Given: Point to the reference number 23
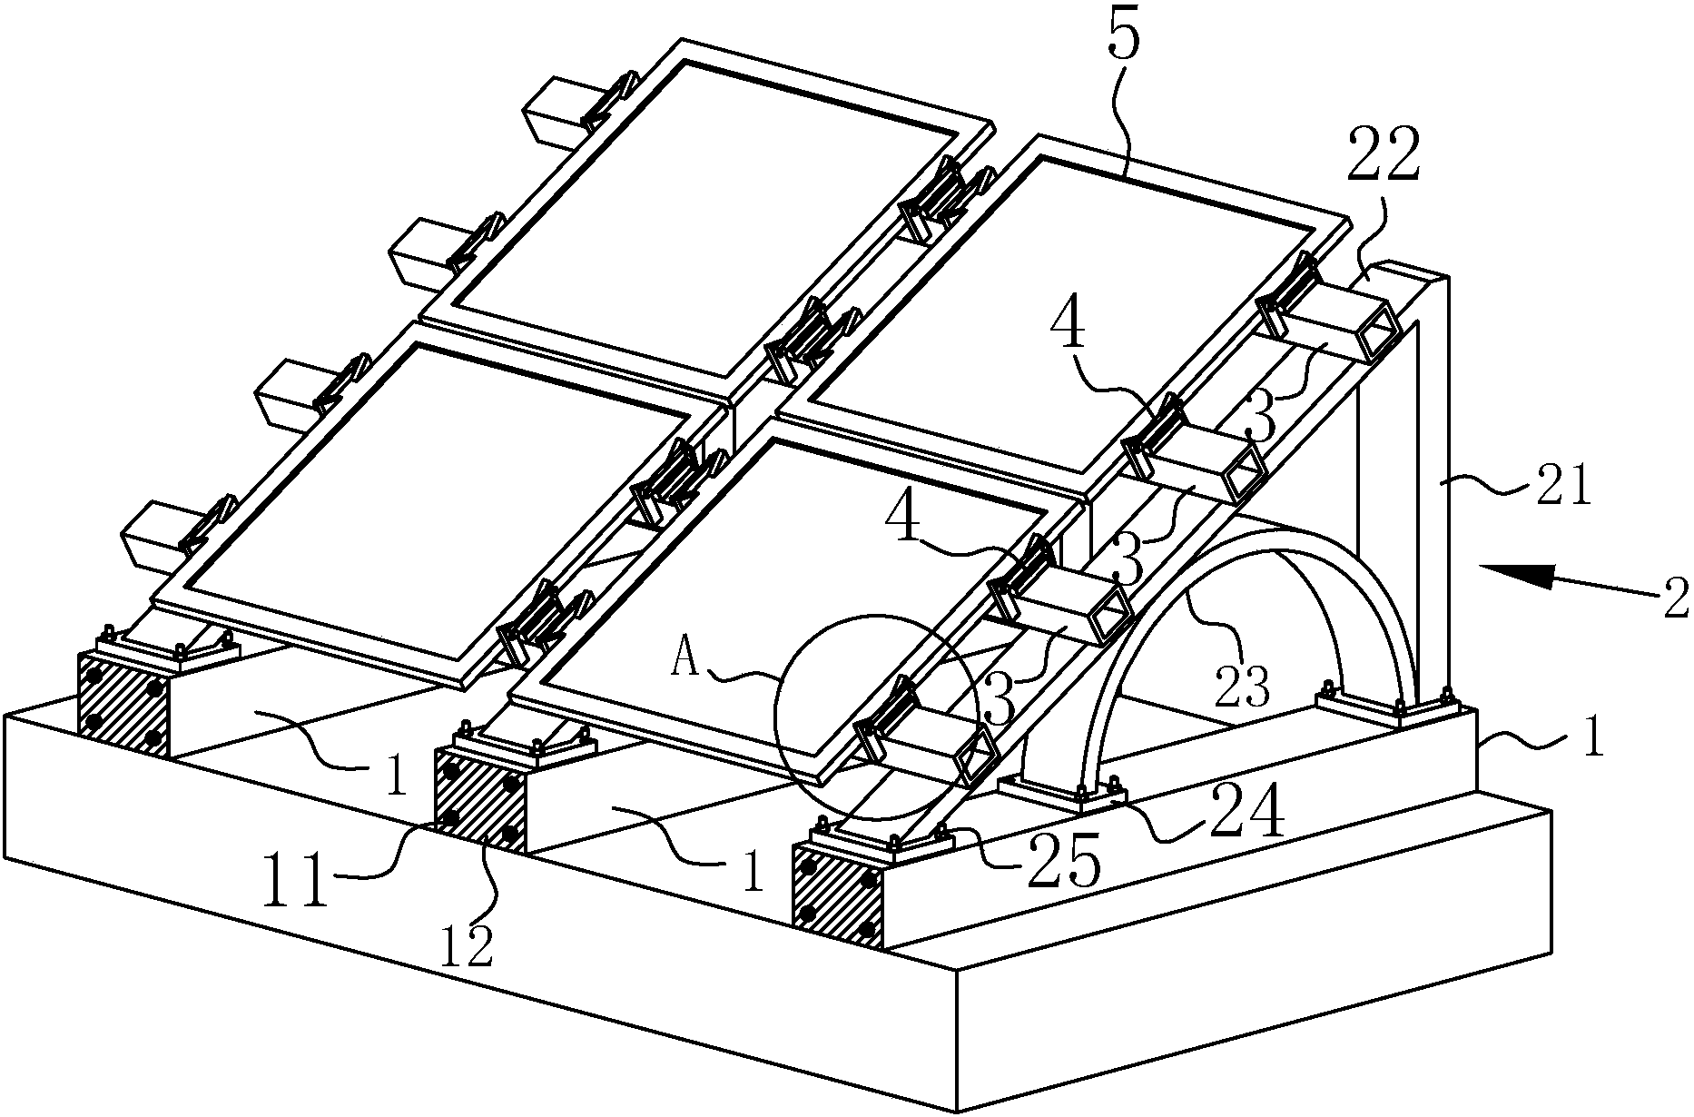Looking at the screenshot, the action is coord(1242,688).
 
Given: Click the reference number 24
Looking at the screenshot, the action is coord(1247,811).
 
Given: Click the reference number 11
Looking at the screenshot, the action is coord(295,881).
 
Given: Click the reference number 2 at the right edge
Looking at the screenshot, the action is coord(1676,598).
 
